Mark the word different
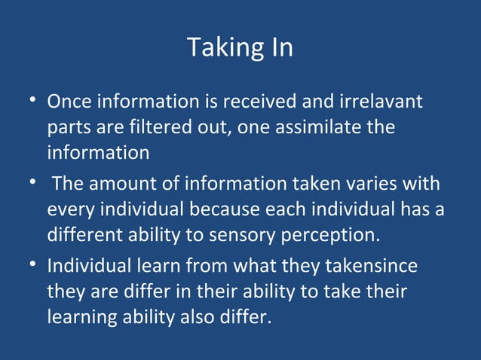pos(84,235)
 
